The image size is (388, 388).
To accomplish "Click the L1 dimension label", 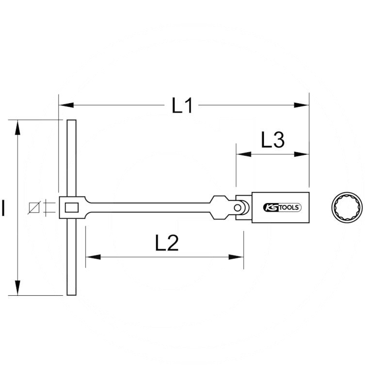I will point(183,105).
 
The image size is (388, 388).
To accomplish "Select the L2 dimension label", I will point(167,243).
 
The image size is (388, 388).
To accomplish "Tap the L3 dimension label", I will point(272,141).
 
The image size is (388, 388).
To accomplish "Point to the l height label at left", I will point(4,209).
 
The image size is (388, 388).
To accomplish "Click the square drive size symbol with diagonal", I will point(34,208).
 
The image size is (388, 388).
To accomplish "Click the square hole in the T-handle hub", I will point(72,208).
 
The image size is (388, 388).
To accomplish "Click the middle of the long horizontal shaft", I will point(150,208).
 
